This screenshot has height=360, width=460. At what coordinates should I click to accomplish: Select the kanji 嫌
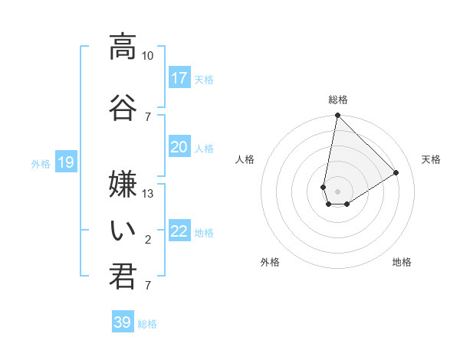(122, 181)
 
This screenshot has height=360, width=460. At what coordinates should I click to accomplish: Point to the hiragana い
(122, 228)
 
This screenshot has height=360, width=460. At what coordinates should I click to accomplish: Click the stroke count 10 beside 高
(148, 56)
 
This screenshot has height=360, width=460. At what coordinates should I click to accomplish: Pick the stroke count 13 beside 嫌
(148, 194)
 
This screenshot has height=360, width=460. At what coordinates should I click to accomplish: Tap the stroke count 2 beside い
(148, 241)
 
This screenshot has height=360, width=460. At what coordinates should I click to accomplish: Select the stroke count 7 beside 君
(148, 286)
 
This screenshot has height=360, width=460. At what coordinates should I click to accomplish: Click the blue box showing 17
(179, 78)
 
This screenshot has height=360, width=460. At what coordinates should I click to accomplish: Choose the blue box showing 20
(179, 147)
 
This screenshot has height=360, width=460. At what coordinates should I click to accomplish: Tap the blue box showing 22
(179, 231)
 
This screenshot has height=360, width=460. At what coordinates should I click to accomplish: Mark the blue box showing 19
(65, 162)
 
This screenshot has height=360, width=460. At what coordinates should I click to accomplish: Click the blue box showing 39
(122, 322)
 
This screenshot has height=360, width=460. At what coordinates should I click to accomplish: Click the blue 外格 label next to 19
(40, 163)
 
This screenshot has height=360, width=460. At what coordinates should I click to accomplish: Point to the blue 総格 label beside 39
(147, 324)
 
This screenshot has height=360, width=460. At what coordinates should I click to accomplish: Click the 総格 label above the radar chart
(337, 100)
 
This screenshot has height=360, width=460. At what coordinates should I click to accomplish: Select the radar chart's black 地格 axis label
(402, 262)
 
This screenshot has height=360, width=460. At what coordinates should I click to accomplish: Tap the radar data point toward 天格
(396, 173)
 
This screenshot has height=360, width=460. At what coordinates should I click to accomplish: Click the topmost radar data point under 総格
(337, 116)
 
